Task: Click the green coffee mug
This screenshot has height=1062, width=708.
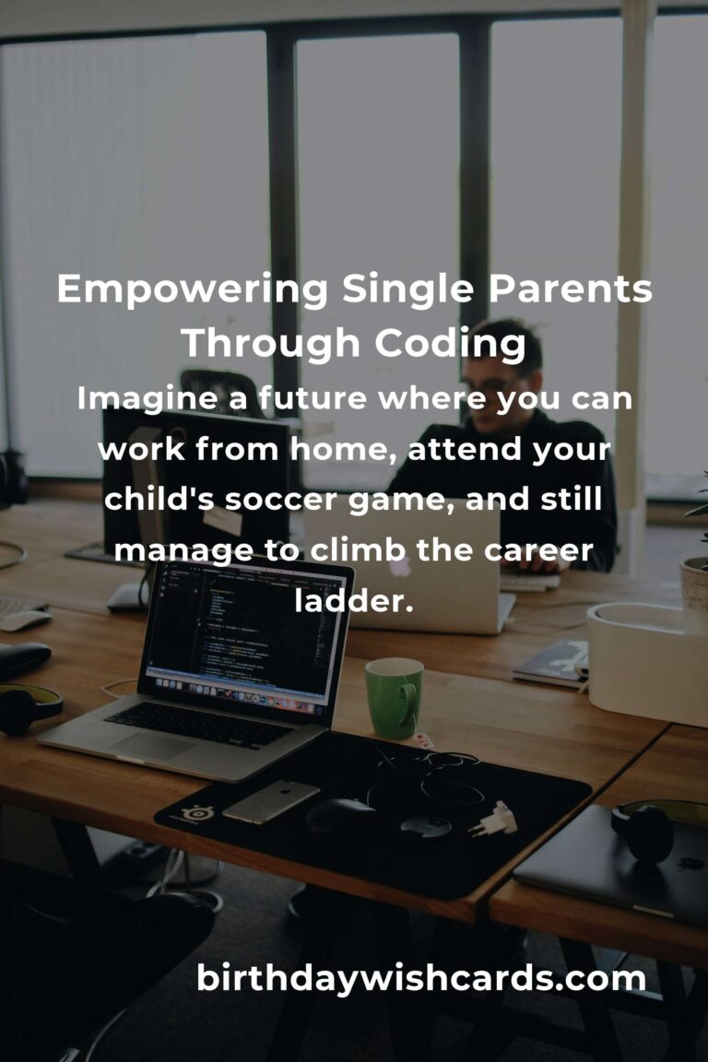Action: click(x=394, y=697)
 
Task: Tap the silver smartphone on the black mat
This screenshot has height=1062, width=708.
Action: click(x=270, y=801)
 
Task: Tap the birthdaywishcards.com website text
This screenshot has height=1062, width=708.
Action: click(x=420, y=978)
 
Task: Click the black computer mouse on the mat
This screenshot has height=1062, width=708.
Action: click(x=339, y=815)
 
